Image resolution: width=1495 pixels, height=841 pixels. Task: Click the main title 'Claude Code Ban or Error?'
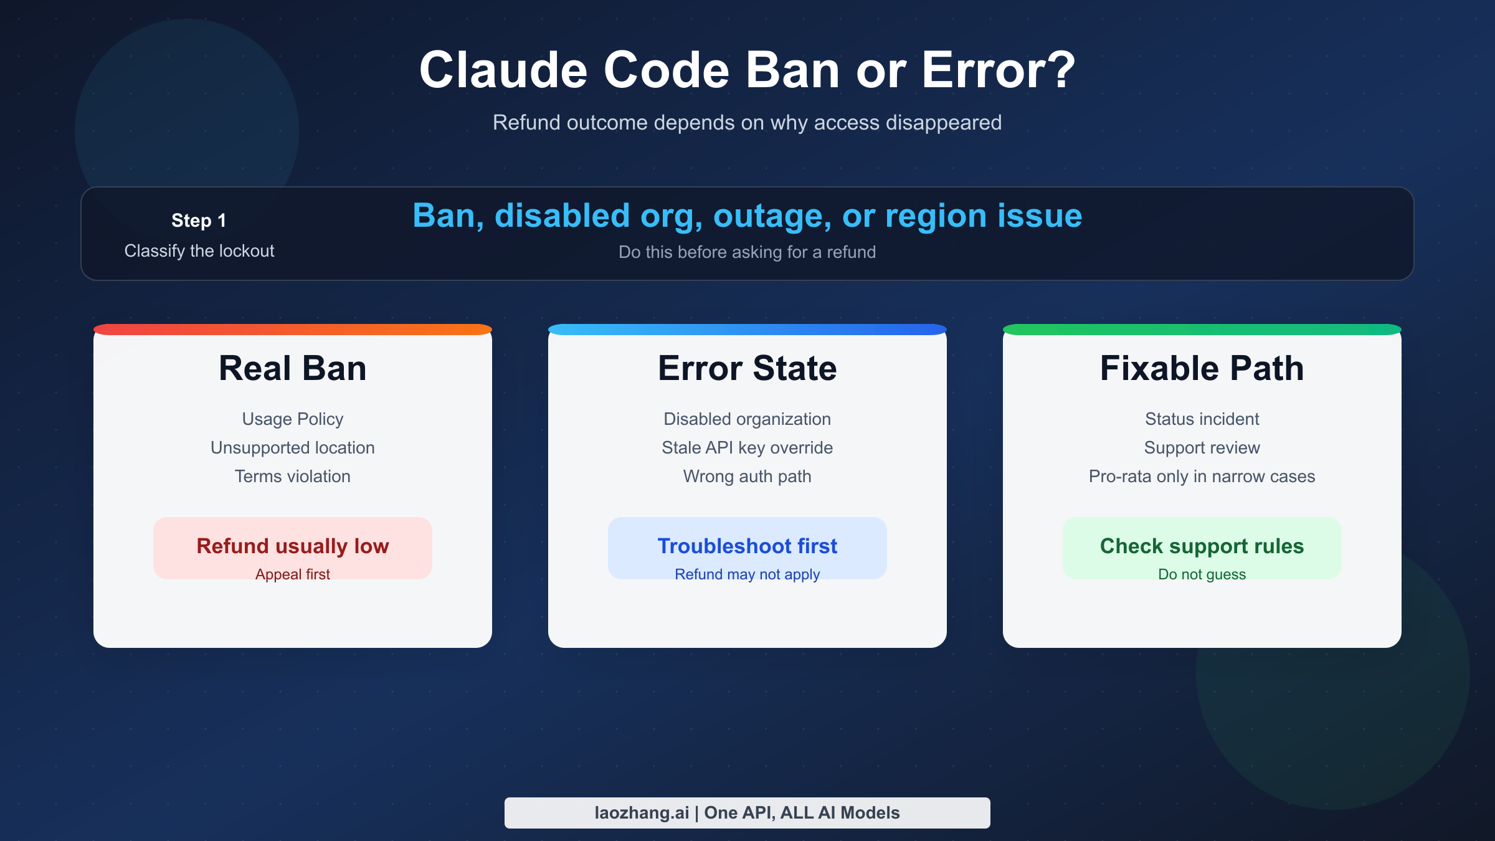[x=747, y=70]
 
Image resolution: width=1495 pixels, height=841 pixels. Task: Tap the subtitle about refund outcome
[x=747, y=123]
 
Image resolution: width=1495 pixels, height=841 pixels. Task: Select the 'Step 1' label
[x=199, y=221]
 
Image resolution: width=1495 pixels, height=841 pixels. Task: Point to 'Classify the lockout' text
[x=199, y=250]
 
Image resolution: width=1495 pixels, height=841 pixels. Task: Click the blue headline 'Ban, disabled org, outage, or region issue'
[x=747, y=216]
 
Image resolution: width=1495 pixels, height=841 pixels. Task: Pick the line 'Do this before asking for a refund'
[x=747, y=252]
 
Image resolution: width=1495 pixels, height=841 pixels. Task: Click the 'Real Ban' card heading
[x=293, y=368]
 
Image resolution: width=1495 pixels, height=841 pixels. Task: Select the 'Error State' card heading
[x=747, y=368]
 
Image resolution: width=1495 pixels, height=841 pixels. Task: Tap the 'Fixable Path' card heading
[x=1202, y=368]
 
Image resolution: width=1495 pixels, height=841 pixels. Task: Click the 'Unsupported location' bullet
[x=293, y=447]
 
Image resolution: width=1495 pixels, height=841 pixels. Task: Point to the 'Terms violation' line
[x=293, y=476]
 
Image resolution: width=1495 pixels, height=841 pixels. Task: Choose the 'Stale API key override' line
[x=747, y=447]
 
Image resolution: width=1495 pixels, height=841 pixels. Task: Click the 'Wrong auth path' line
[x=747, y=476]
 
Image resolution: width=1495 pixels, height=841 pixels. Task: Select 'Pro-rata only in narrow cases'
[x=1202, y=476]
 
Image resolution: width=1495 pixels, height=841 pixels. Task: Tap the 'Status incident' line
[x=1202, y=419]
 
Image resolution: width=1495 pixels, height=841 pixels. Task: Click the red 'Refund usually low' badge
[x=293, y=548]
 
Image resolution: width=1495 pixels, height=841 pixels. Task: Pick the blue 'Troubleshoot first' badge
[x=747, y=548]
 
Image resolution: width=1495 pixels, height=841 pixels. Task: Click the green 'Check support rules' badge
[x=1202, y=548]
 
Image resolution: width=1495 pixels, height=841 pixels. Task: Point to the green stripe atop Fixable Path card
[x=1202, y=330]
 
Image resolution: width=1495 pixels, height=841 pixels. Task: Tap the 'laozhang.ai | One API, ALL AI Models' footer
[x=747, y=813]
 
